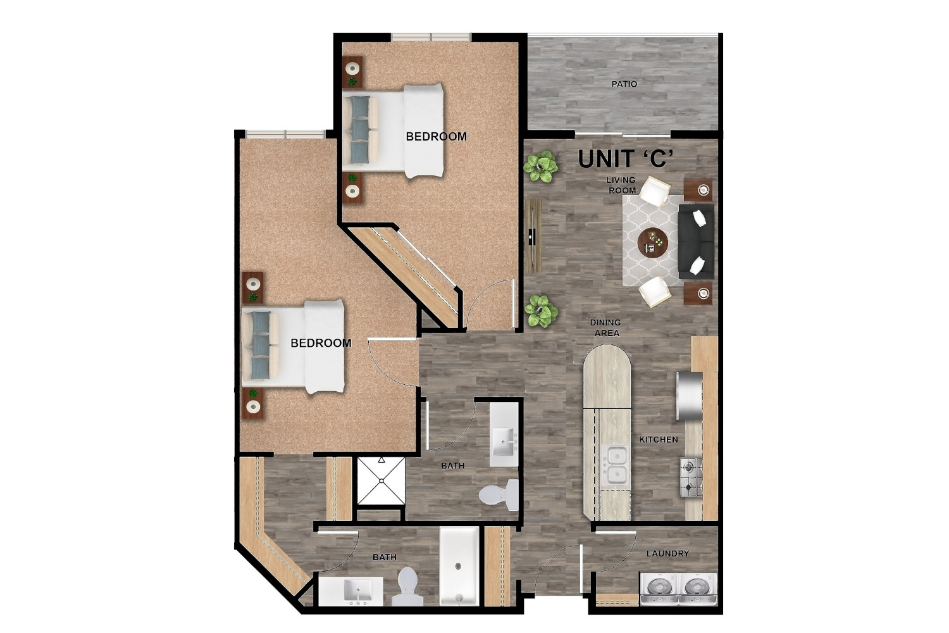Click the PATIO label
tap(624, 84)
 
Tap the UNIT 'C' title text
tap(626, 160)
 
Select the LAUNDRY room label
tap(667, 553)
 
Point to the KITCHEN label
tap(659, 440)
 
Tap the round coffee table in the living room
tap(652, 242)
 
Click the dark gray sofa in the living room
tap(696, 242)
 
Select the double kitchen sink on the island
tap(616, 465)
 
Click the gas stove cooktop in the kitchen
tap(691, 477)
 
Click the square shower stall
tap(381, 481)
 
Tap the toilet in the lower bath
tap(407, 587)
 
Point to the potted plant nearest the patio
tap(540, 168)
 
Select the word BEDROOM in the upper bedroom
tap(436, 137)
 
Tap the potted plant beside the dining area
tap(541, 311)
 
